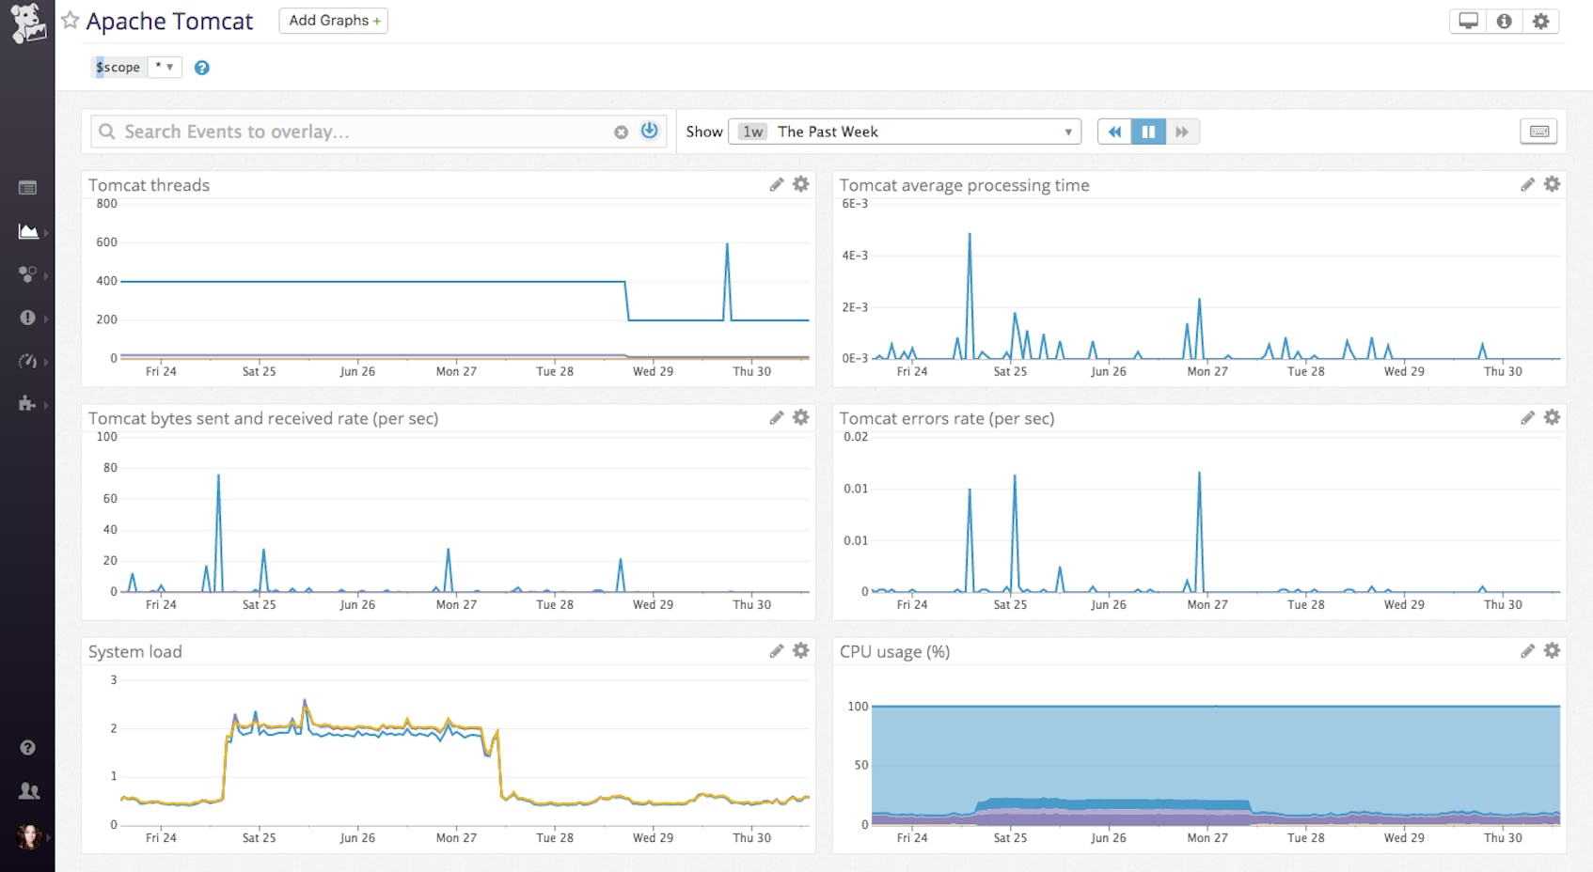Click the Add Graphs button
tap(333, 21)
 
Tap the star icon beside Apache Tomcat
tap(71, 20)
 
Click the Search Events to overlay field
tap(357, 132)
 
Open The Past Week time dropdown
tap(905, 132)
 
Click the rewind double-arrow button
tap(1114, 132)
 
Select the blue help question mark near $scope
tap(201, 68)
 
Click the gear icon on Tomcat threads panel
tap(800, 184)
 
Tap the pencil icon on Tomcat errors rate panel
tap(1527, 417)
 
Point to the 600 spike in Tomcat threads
tap(727, 244)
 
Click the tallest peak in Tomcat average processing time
tap(970, 234)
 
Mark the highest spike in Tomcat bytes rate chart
tap(218, 475)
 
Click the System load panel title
tap(135, 651)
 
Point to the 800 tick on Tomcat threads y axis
tap(107, 204)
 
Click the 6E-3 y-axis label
tap(855, 204)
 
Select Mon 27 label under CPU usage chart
tap(1207, 837)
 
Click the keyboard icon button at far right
tap(1538, 132)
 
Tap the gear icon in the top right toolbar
tap(1540, 21)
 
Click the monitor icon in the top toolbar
tap(1468, 21)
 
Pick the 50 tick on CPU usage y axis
tap(860, 765)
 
